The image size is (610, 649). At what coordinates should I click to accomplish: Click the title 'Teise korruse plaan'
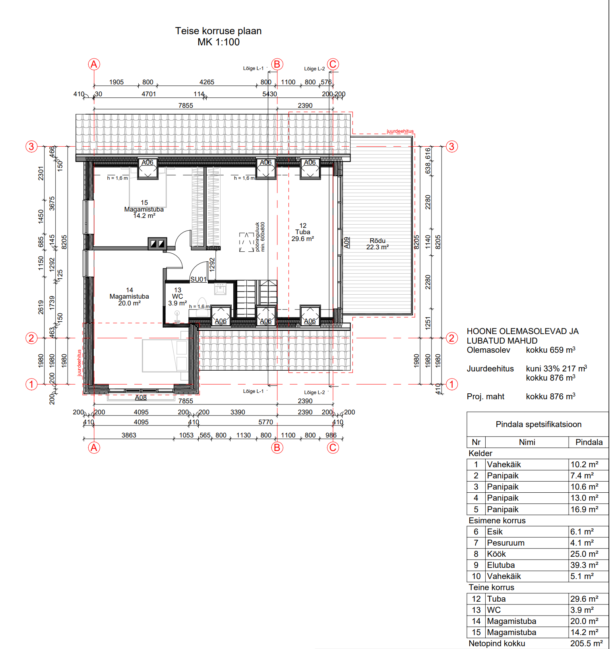(x=218, y=31)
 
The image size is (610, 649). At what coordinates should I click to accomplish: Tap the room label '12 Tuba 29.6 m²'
(x=303, y=232)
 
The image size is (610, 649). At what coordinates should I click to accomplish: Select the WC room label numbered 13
(x=178, y=297)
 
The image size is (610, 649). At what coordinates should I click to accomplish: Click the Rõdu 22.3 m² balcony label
(x=378, y=244)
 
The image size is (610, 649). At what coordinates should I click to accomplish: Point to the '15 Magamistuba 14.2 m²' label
(x=144, y=209)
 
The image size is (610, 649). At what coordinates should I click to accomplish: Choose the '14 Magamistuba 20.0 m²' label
(x=129, y=297)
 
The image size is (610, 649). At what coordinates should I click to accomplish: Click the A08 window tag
(x=141, y=397)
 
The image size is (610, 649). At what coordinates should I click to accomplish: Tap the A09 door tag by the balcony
(x=347, y=243)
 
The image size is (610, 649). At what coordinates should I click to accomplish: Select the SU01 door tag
(x=198, y=279)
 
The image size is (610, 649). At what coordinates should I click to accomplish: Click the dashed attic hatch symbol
(x=246, y=242)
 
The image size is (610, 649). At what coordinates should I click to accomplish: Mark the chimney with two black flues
(x=157, y=243)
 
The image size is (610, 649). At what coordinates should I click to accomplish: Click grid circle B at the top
(x=277, y=64)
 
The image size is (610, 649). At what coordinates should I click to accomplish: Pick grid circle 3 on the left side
(x=31, y=146)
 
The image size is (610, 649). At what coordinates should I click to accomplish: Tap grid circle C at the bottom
(x=333, y=448)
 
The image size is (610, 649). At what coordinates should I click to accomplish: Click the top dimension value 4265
(x=207, y=82)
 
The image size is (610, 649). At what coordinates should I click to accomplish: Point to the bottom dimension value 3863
(x=129, y=435)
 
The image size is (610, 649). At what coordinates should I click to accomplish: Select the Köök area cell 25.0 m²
(x=584, y=554)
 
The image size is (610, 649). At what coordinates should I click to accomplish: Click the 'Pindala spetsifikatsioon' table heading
(x=538, y=424)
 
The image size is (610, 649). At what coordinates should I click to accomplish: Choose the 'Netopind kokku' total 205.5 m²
(x=587, y=643)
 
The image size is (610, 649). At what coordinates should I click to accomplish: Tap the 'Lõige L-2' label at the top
(x=314, y=69)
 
